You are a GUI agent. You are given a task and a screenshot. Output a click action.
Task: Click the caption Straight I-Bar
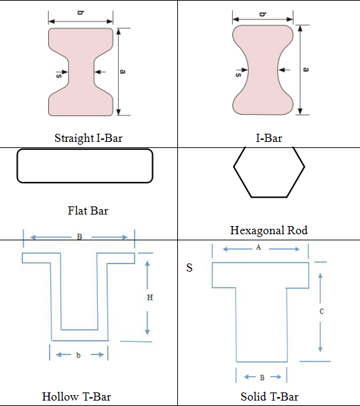pyautogui.click(x=88, y=139)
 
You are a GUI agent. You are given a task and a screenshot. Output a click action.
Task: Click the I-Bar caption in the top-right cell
pyautogui.click(x=269, y=138)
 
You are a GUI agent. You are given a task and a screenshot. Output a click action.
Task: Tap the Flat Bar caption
pyautogui.click(x=88, y=210)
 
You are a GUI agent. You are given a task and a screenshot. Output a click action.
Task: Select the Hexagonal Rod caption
pyautogui.click(x=269, y=230)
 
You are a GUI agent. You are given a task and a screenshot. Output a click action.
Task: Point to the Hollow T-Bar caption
pyautogui.click(x=76, y=396)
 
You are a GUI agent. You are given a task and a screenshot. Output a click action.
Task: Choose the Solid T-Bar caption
pyautogui.click(x=270, y=396)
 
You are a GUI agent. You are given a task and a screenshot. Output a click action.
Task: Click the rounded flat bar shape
pyautogui.click(x=85, y=149)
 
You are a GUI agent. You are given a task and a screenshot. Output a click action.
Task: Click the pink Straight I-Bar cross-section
pyautogui.click(x=81, y=72)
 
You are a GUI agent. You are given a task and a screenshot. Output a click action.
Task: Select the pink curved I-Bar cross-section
pyautogui.click(x=263, y=70)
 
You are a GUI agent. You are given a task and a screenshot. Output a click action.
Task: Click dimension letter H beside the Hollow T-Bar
pyautogui.click(x=149, y=298)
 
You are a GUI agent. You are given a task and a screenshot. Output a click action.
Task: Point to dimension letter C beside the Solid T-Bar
pyautogui.click(x=321, y=311)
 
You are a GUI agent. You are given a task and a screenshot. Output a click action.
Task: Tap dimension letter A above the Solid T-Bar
pyautogui.click(x=258, y=248)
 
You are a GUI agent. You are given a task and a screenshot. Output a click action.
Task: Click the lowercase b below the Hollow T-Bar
pyautogui.click(x=79, y=355)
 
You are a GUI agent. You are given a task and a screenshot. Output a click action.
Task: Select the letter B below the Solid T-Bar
pyautogui.click(x=262, y=377)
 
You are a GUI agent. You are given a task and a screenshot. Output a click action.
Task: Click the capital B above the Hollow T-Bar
pyautogui.click(x=79, y=237)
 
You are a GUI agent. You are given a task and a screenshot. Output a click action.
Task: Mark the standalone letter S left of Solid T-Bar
pyautogui.click(x=190, y=267)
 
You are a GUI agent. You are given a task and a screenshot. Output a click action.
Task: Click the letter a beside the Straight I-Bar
pyautogui.click(x=122, y=71)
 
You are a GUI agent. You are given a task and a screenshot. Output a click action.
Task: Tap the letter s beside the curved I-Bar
pyautogui.click(x=238, y=75)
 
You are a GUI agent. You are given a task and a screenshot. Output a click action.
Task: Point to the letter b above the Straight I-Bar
pyautogui.click(x=81, y=13)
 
